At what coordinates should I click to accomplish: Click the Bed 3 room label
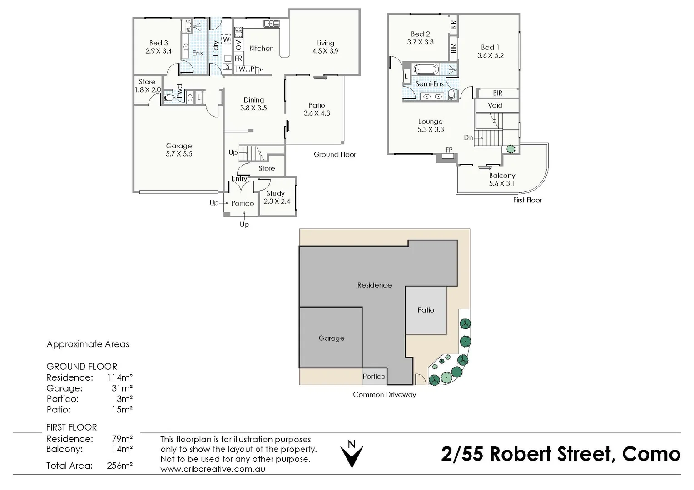pos(159,43)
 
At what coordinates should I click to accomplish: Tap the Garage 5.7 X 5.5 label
pos(179,150)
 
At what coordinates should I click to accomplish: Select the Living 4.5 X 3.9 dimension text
pos(325,51)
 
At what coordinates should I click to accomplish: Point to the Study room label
pos(276,193)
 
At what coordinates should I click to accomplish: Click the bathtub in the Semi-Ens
pos(426,70)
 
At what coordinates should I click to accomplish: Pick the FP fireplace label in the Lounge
pos(449,150)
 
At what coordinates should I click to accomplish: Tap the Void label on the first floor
pos(495,105)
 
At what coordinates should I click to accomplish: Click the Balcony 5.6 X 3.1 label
pos(502,179)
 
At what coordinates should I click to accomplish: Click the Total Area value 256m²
pos(119,465)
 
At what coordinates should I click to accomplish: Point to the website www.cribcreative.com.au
pos(213,469)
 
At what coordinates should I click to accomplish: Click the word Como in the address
pos(651,454)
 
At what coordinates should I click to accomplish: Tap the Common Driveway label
pos(384,395)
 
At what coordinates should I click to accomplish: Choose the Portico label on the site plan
pos(374,377)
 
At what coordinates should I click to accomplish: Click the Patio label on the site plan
pos(426,310)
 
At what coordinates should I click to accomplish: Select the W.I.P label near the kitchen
pos(246,69)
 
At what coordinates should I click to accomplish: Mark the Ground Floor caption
pos(335,155)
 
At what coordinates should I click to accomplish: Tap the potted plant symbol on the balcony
pos(511,149)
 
